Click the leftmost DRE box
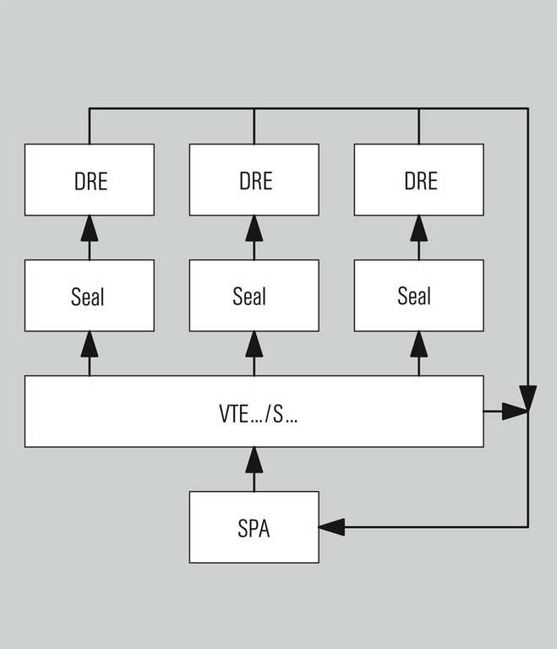point(89,179)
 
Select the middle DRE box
point(254,179)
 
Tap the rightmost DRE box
point(418,179)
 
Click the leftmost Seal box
point(89,295)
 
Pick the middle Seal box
point(254,295)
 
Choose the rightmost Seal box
point(418,295)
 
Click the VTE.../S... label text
point(253,414)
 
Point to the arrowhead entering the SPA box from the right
point(331,526)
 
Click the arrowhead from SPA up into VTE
point(254,459)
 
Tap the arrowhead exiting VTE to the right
point(514,412)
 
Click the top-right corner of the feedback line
point(527,109)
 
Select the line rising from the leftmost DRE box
point(89,127)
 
